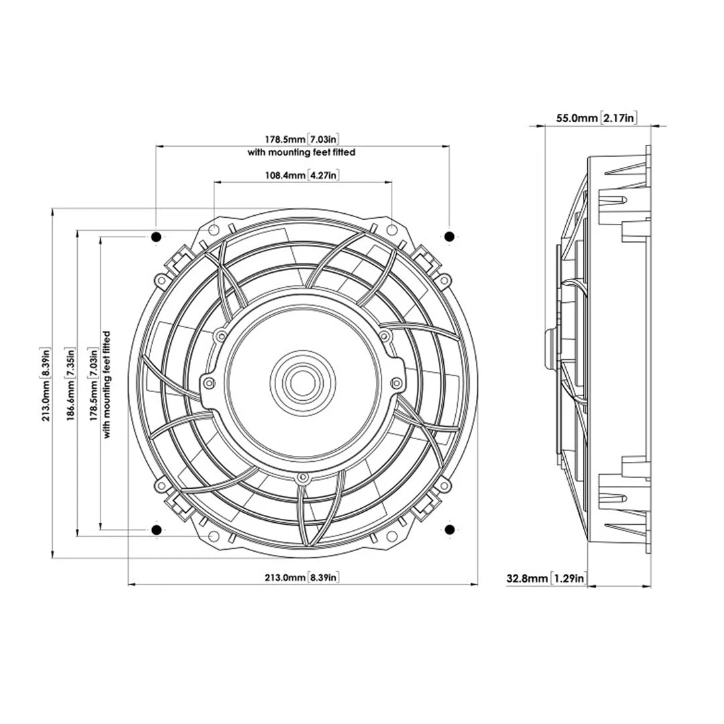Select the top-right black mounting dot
pos(449,236)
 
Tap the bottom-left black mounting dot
pos(156,530)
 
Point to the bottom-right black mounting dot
pos(449,530)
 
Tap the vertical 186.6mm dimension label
pos(70,383)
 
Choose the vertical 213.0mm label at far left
pos(44,383)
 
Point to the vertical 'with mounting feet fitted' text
pos(107,383)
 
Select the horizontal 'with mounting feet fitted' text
pos(302,152)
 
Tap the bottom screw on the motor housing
pos(302,478)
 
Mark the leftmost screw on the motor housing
pos(208,383)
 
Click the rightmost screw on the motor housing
pos(397,383)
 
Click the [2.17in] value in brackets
pos(618,118)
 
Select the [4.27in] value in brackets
pos(323,176)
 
